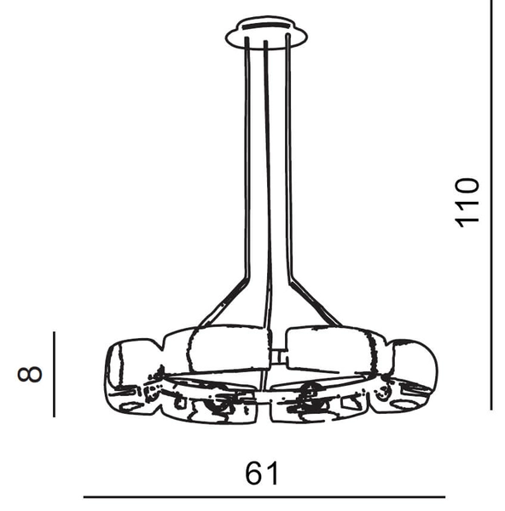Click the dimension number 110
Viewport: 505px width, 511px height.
(x=467, y=202)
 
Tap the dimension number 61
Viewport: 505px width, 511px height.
(x=262, y=473)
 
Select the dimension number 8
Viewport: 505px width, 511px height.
(x=30, y=374)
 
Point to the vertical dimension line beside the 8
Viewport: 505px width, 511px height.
(x=55, y=374)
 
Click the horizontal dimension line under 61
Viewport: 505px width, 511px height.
(x=264, y=497)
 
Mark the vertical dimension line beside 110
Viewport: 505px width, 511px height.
(x=491, y=204)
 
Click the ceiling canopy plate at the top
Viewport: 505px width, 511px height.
(x=266, y=33)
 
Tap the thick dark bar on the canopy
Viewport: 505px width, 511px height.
(x=266, y=26)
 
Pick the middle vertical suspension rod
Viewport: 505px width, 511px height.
(x=267, y=182)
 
